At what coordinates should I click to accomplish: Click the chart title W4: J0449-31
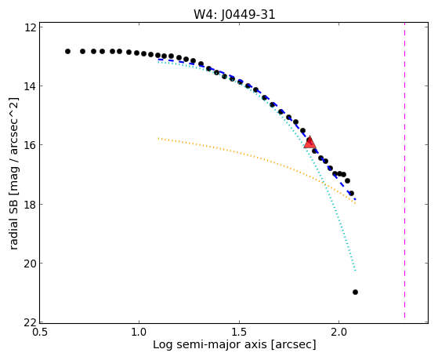[234, 15]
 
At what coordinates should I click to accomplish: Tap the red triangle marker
[309, 143]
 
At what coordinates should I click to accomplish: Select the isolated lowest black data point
[355, 292]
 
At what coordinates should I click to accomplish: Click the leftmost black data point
[67, 52]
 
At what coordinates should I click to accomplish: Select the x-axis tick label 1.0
[139, 332]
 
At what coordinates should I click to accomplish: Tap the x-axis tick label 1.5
[239, 332]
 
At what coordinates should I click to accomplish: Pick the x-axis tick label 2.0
[338, 332]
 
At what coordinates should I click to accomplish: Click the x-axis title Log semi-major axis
[210, 345]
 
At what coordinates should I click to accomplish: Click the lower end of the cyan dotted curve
[355, 271]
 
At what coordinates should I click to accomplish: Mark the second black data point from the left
[83, 52]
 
